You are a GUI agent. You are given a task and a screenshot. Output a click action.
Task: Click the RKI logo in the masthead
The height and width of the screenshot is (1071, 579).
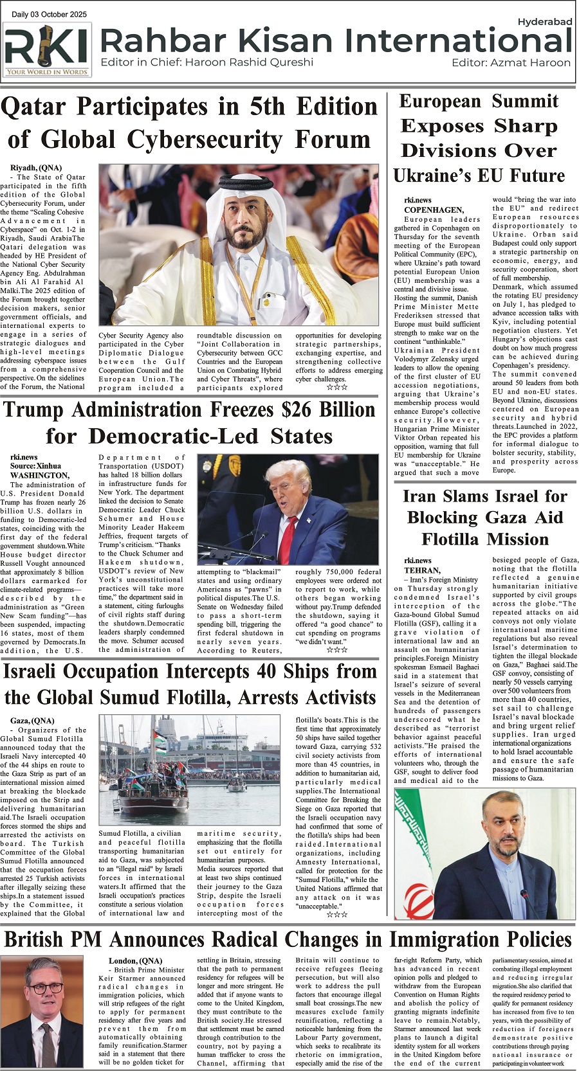[x=47, y=50]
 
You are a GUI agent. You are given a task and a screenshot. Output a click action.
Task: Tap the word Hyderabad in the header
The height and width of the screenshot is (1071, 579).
[x=544, y=22]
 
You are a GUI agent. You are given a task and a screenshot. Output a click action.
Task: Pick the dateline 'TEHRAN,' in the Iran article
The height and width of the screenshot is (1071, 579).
[x=422, y=570]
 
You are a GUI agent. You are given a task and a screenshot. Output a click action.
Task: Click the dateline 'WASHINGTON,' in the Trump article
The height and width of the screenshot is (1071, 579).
[x=39, y=475]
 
